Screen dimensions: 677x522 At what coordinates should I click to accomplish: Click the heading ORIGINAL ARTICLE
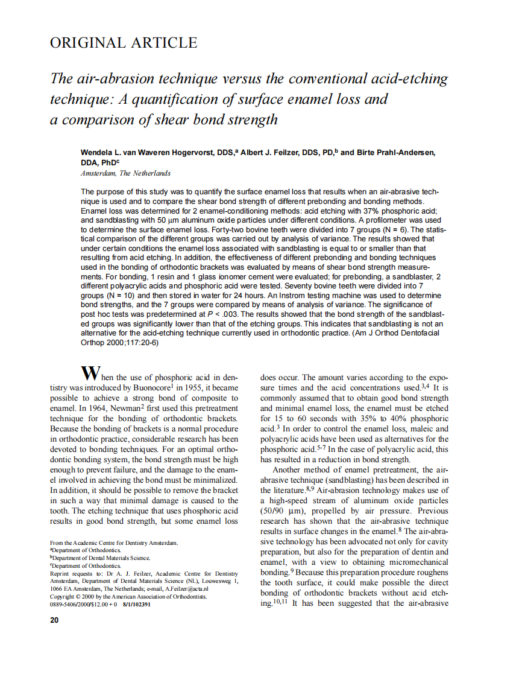coord(123,43)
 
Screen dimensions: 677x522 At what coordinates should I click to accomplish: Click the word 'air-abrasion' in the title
coord(115,79)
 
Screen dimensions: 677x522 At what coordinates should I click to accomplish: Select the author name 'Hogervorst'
coord(187,153)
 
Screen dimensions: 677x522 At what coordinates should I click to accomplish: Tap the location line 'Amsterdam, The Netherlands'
coord(125,173)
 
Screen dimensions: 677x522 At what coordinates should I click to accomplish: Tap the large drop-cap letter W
coord(90,372)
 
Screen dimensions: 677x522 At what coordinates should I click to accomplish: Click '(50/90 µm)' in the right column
coord(283,511)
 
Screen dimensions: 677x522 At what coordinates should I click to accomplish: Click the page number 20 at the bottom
coord(54,621)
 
